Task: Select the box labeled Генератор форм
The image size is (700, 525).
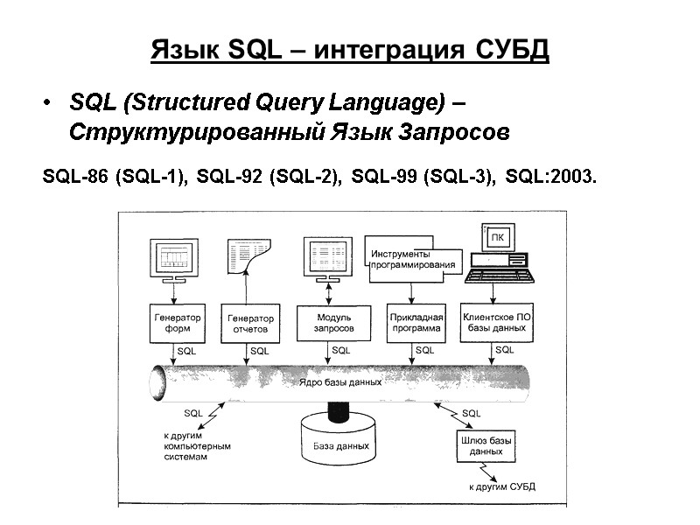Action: pyautogui.click(x=178, y=324)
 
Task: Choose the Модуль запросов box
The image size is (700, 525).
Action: pyautogui.click(x=333, y=322)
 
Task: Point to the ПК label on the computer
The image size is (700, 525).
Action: pyautogui.click(x=497, y=236)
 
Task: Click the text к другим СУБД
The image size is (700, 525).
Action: pyautogui.click(x=502, y=486)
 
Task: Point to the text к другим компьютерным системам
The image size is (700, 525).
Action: pyautogui.click(x=197, y=445)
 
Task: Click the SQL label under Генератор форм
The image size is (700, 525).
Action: pyautogui.click(x=186, y=350)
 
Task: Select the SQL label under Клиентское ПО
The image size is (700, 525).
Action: pyautogui.click(x=505, y=350)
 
